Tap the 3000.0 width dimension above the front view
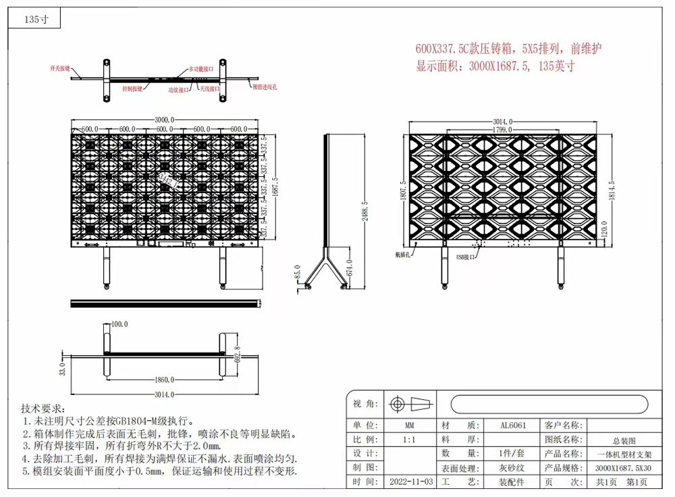click(x=165, y=117)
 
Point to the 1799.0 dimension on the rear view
click(x=501, y=129)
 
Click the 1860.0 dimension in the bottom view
click(x=163, y=380)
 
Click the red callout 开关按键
click(x=59, y=69)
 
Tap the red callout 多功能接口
click(x=201, y=69)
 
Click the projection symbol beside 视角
click(x=410, y=404)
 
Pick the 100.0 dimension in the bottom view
click(x=119, y=324)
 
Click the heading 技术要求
click(x=43, y=409)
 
